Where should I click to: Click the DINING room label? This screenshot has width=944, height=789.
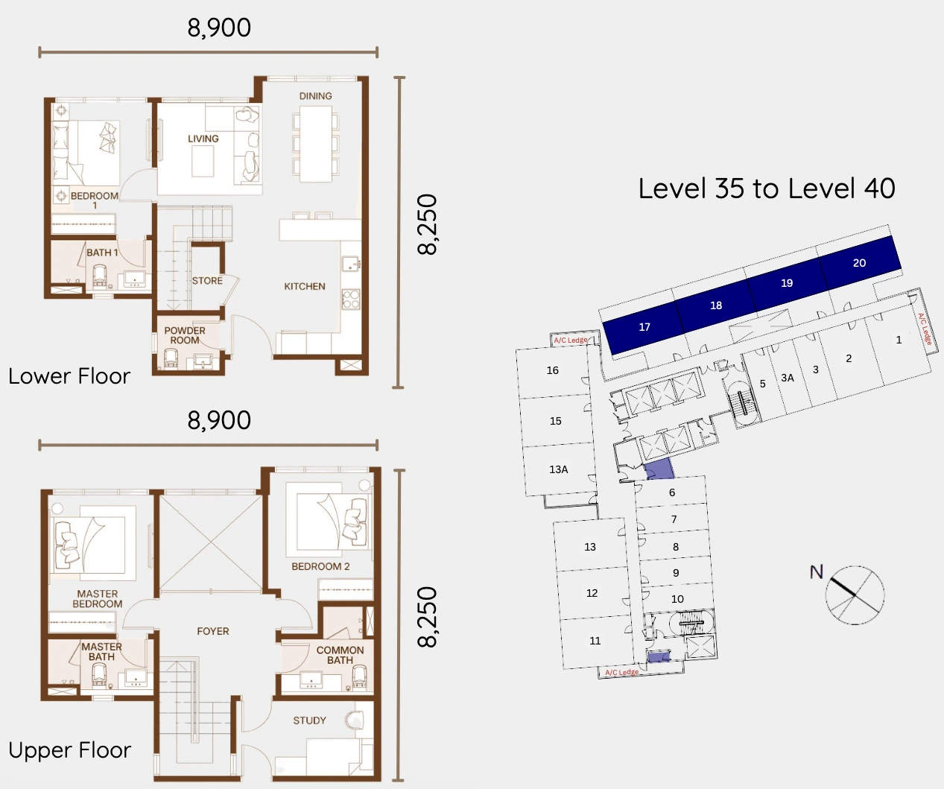click(315, 96)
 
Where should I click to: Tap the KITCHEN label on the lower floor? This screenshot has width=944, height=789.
click(304, 286)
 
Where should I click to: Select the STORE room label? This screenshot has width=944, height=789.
click(207, 281)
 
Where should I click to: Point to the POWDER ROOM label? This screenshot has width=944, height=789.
click(185, 335)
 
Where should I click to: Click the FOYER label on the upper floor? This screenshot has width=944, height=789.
click(213, 631)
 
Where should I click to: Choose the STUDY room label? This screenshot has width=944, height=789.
click(309, 720)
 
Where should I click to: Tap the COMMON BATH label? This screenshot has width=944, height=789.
click(340, 655)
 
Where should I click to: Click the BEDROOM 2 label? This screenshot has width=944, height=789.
click(320, 566)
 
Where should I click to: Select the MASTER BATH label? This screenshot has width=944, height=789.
click(101, 652)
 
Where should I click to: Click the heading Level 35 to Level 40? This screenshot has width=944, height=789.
click(767, 188)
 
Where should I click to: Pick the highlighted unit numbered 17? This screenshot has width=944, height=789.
click(644, 327)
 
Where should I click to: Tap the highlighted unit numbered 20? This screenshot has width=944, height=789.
click(859, 263)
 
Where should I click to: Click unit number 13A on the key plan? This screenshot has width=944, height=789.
click(558, 469)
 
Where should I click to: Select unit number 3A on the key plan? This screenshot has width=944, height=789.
click(788, 378)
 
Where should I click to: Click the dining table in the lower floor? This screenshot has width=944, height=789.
click(316, 144)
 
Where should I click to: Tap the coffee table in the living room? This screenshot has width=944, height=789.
click(203, 161)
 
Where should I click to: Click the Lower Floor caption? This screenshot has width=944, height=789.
click(69, 376)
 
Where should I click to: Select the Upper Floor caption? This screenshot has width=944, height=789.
click(70, 750)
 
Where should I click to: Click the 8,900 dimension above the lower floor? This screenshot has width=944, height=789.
click(219, 28)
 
